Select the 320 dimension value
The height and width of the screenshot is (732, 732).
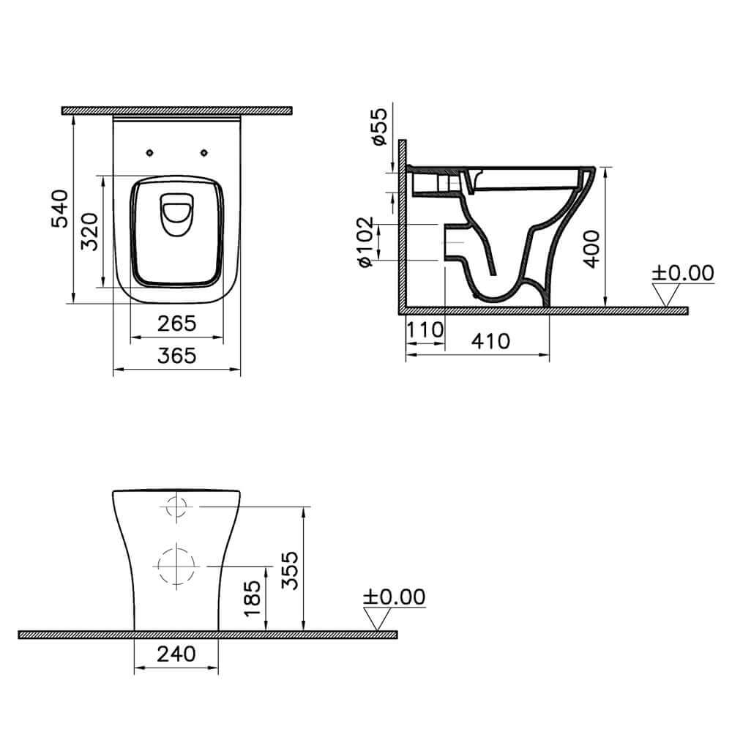click(x=89, y=231)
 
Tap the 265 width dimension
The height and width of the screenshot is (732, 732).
click(x=176, y=323)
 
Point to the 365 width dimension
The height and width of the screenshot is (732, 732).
click(x=176, y=356)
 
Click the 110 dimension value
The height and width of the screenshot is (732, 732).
click(x=425, y=330)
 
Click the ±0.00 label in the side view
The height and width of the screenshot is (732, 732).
click(x=682, y=273)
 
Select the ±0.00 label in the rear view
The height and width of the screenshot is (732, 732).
click(x=394, y=597)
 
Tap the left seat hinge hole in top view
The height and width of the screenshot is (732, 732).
click(x=149, y=152)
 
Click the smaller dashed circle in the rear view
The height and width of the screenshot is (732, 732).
click(x=176, y=506)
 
